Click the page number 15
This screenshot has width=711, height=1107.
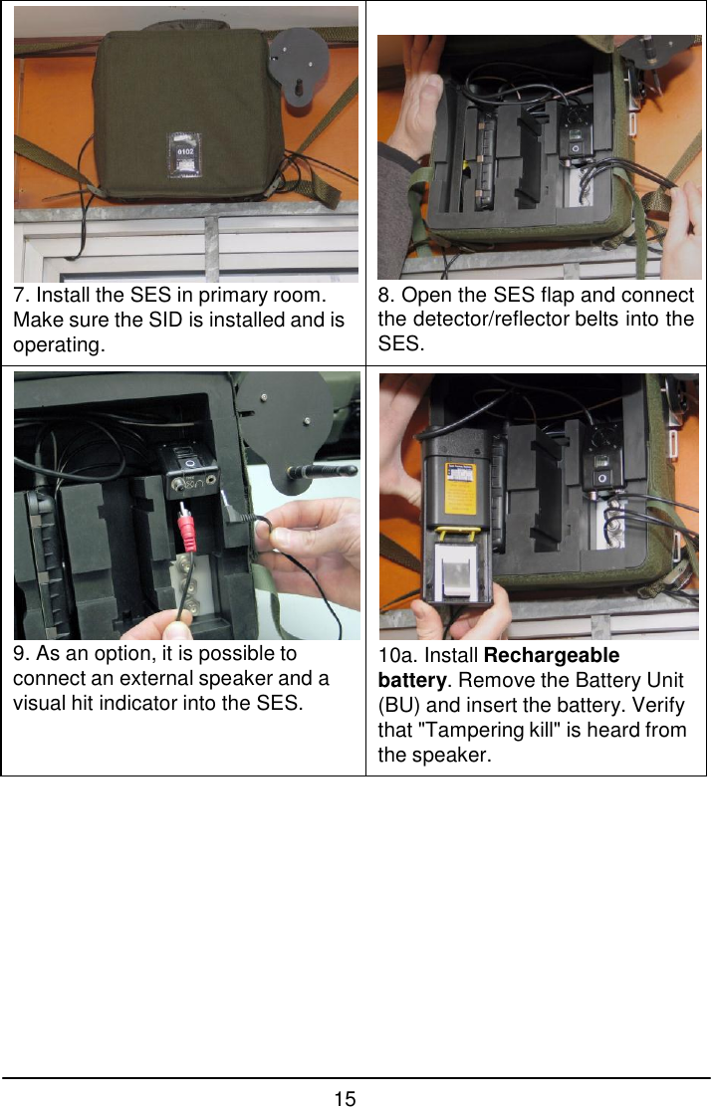click(345, 1098)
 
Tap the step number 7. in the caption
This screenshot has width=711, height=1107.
click(21, 297)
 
